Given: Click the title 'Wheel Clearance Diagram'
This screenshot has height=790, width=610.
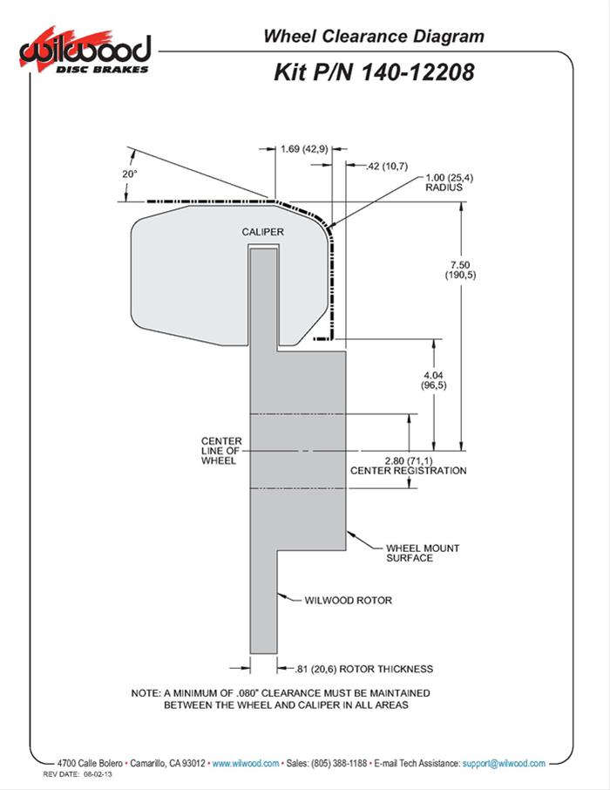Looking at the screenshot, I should click(x=374, y=36).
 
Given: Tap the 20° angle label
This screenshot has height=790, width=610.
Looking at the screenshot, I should click(x=130, y=174).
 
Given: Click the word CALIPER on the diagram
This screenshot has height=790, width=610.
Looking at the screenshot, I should click(x=263, y=232).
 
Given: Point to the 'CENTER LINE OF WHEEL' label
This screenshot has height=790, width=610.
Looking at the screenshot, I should click(x=219, y=451).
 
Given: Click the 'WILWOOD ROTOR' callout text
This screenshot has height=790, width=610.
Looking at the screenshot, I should click(x=349, y=600).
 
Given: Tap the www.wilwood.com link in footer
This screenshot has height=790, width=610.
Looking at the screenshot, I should click(x=246, y=762).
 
